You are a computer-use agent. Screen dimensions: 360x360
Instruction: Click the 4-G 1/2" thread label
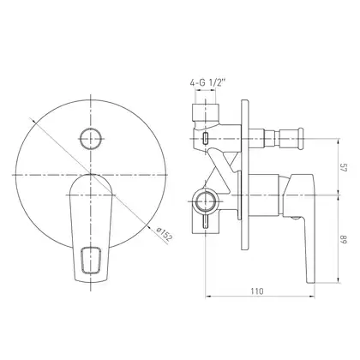[207, 83]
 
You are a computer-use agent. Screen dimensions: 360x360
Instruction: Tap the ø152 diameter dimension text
[165, 234]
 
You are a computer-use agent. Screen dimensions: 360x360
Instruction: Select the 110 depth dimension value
[257, 291]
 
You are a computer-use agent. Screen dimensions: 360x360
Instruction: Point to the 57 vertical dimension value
[343, 167]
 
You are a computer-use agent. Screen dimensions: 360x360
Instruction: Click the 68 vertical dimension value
[343, 239]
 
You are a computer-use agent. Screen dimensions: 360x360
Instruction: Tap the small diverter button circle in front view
[91, 139]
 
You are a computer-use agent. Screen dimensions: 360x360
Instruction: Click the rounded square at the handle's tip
[91, 260]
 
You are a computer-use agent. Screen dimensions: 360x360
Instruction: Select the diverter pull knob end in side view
[300, 139]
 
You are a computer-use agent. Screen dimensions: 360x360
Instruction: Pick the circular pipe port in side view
[205, 201]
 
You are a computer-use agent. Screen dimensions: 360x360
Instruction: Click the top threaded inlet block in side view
[205, 112]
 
